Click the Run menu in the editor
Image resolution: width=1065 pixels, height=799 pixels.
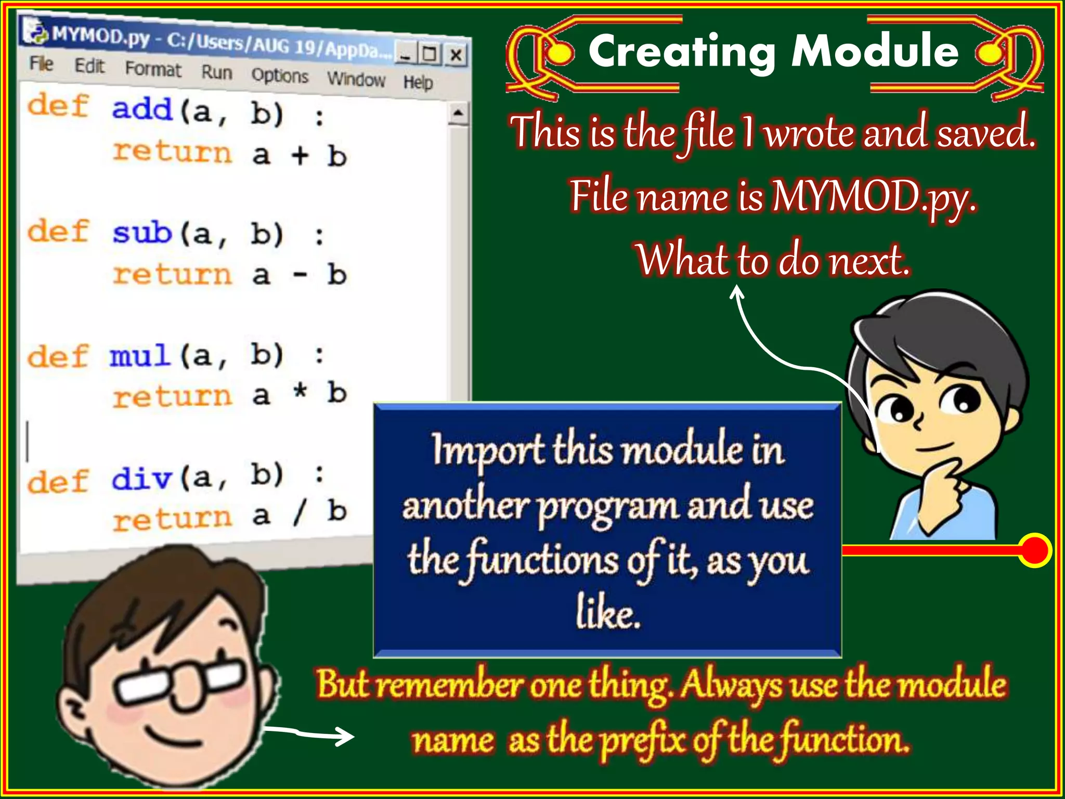[217, 72]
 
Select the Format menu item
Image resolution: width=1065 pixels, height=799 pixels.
[153, 69]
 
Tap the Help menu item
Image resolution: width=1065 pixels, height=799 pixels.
[418, 82]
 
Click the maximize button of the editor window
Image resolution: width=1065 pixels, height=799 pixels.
[430, 53]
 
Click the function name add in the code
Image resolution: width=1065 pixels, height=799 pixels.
[142, 109]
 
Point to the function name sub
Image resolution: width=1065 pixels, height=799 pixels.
[142, 233]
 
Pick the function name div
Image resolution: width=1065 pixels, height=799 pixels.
[142, 478]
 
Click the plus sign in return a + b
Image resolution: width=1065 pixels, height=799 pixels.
[300, 155]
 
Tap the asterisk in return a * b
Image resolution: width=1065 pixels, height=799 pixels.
[300, 392]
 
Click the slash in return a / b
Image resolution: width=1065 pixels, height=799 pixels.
[300, 513]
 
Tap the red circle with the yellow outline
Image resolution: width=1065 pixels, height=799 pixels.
[1035, 550]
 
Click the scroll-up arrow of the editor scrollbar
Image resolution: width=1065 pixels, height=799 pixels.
[458, 113]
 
